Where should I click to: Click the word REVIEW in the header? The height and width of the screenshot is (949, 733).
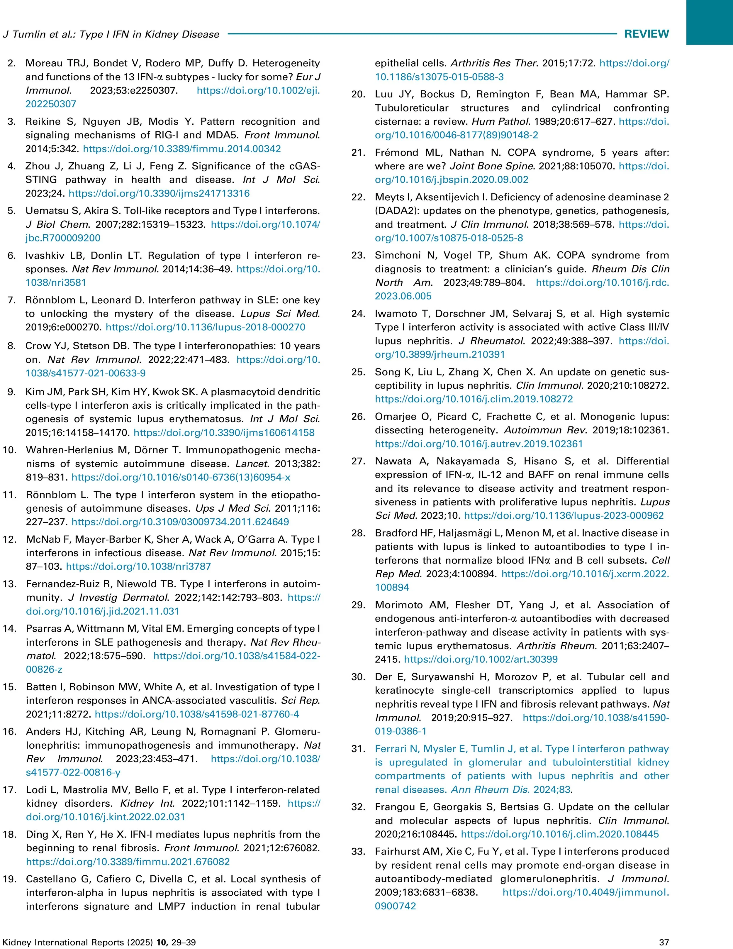[646, 34]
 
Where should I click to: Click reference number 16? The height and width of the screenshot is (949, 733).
[10, 731]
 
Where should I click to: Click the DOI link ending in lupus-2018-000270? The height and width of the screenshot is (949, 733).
[206, 327]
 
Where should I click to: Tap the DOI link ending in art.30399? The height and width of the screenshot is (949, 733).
[481, 659]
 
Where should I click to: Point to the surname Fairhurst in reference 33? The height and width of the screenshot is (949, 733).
[397, 851]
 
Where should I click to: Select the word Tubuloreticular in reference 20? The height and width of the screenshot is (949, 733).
[411, 108]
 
